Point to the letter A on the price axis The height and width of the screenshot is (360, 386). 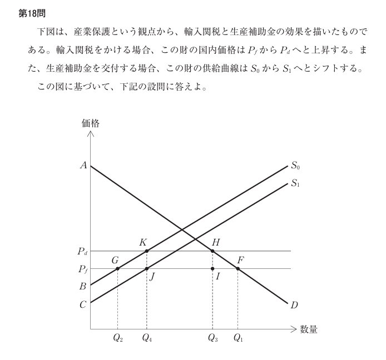(83, 165)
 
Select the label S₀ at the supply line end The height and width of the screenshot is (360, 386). (295, 166)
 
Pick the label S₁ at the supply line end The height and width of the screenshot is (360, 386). (295, 183)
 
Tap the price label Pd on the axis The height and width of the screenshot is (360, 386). (82, 252)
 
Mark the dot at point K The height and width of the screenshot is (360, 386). (147, 251)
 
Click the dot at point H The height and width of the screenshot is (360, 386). (213, 251)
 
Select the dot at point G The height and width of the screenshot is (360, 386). (117, 268)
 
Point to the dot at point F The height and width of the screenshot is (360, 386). (238, 268)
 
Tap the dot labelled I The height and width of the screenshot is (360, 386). (213, 268)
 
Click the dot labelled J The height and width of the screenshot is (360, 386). (147, 268)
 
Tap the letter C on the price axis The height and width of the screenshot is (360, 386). (83, 304)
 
